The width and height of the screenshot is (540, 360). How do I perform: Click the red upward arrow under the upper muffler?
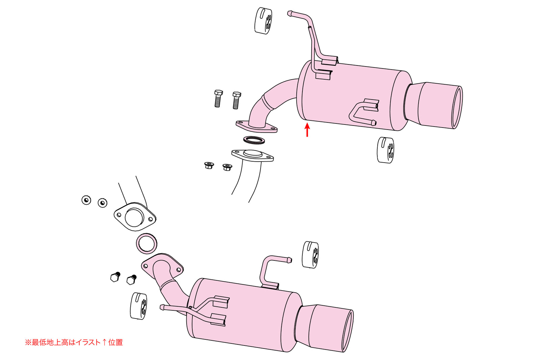pyautogui.click(x=307, y=130)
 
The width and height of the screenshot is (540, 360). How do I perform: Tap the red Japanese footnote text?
pyautogui.click(x=74, y=342)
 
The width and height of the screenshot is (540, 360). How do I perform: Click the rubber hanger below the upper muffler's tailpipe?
pyautogui.click(x=385, y=150)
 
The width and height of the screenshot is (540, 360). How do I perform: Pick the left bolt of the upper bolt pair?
pyautogui.click(x=218, y=99)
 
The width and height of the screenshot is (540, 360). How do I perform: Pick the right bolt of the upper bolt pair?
pyautogui.click(x=236, y=100)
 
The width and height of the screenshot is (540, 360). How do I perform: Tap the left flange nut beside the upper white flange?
pyautogui.click(x=209, y=165)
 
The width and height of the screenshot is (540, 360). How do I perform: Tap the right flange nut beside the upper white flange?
pyautogui.click(x=227, y=167)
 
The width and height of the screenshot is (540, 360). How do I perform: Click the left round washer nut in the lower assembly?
pyautogui.click(x=86, y=200)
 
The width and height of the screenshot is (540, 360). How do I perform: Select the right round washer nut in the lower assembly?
pyautogui.click(x=103, y=202)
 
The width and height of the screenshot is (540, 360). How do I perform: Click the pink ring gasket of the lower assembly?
pyautogui.click(x=147, y=243)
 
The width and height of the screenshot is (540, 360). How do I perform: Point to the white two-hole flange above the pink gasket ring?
pyautogui.click(x=135, y=217)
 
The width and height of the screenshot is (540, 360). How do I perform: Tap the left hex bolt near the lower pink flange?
pyautogui.click(x=115, y=277)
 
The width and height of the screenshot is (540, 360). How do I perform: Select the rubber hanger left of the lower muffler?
pyautogui.click(x=138, y=306)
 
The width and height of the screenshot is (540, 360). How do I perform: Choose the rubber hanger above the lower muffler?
pyautogui.click(x=310, y=255)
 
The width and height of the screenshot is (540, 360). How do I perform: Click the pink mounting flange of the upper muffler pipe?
pyautogui.click(x=256, y=127)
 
